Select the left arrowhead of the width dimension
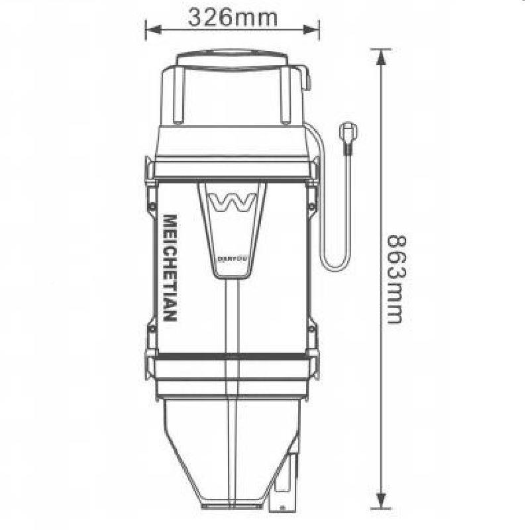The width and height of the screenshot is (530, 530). [x=151, y=30]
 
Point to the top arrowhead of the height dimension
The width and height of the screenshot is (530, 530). [x=380, y=57]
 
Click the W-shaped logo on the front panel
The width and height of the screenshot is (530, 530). [x=231, y=201]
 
